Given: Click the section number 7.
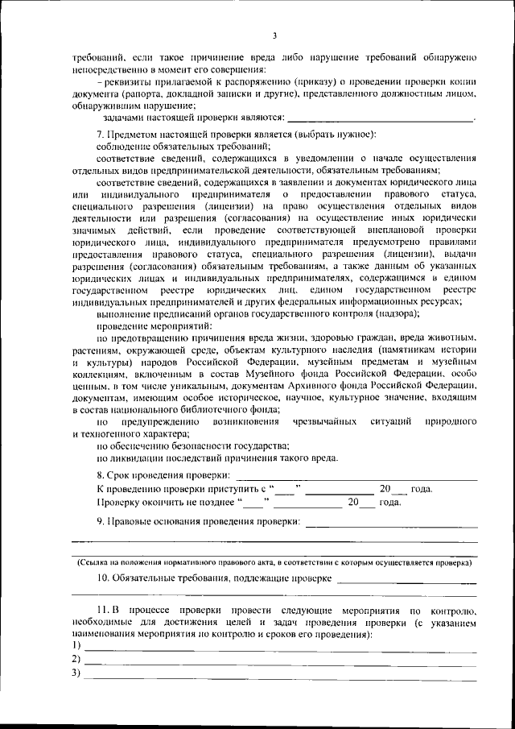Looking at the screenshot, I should click(99, 133).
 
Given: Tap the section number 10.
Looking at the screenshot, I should click(102, 578).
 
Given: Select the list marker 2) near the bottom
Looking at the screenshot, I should click(76, 660).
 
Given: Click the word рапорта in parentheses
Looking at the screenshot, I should click(129, 95).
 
